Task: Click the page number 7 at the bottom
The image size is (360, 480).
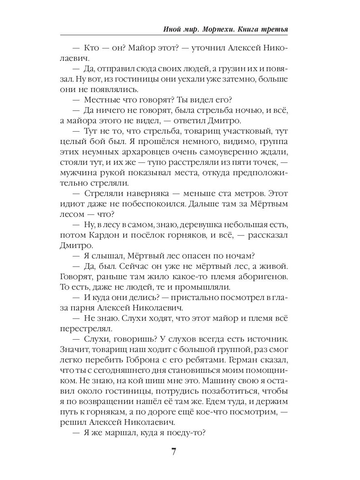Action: tap(174, 452)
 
